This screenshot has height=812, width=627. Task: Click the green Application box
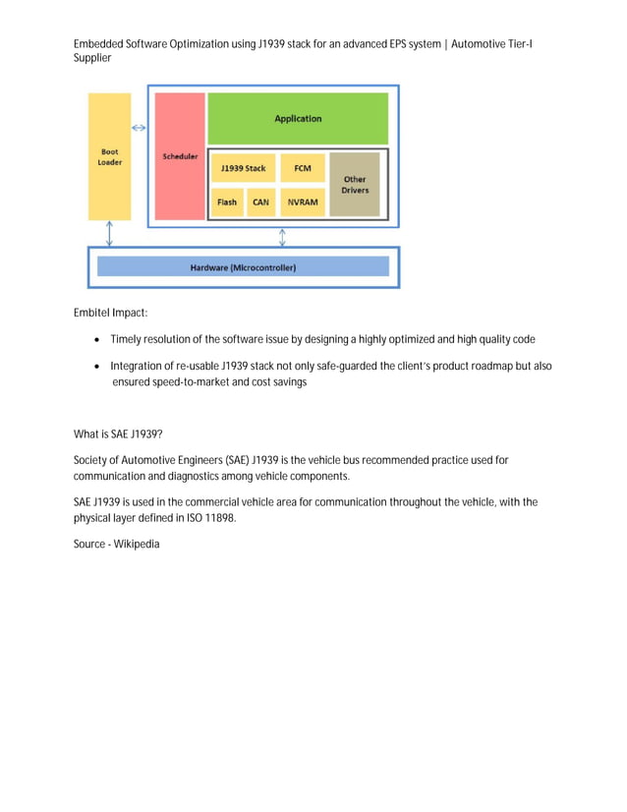coord(298,119)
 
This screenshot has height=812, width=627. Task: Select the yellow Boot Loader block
coord(109,157)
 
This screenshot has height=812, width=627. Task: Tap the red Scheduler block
coord(180,156)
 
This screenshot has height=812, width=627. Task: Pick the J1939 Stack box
coord(242,168)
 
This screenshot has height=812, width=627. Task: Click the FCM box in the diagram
coord(302,168)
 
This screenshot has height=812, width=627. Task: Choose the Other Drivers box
coord(354,184)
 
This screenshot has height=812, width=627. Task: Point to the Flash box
coord(227,203)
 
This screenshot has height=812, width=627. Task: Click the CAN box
coord(260,203)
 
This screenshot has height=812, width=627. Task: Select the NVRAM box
coord(302,203)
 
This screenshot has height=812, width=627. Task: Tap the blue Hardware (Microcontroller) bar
coord(243,266)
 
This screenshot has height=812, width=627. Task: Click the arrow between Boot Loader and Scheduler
coord(140,128)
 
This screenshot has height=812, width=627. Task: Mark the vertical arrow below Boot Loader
coord(109,234)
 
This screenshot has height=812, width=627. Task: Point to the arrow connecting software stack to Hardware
coord(282,237)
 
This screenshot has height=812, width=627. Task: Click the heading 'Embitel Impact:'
coord(110,313)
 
